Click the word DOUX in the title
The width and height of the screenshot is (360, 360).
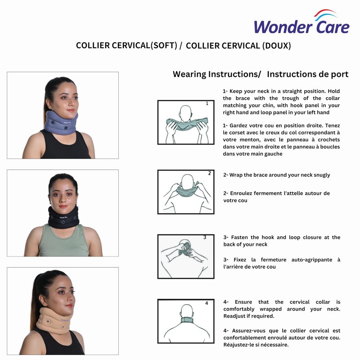[276, 45]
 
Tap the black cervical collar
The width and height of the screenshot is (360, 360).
[63, 217]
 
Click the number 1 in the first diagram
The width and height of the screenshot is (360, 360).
[207, 103]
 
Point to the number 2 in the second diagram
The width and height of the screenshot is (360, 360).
[209, 173]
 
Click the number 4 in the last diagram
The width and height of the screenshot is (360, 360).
[207, 303]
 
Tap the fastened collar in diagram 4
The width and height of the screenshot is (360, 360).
[187, 320]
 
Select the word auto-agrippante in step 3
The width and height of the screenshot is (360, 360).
[312, 260]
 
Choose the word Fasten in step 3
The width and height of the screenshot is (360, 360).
[239, 237]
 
